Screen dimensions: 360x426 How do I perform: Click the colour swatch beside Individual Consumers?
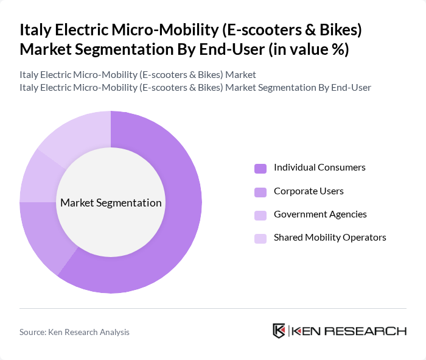click(260, 168)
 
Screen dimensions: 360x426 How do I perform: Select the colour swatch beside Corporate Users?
click(260, 192)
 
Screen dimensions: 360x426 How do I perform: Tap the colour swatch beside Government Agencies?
click(260, 215)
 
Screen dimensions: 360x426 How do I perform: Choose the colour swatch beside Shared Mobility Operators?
click(260, 238)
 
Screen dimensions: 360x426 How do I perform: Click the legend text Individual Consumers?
click(319, 168)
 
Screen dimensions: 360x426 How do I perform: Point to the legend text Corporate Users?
click(309, 191)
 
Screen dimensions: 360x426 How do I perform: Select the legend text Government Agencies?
click(320, 214)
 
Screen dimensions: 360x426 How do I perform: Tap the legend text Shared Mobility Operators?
click(330, 238)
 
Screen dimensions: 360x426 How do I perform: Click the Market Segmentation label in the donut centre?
click(111, 203)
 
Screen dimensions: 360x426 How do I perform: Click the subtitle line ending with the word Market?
click(138, 75)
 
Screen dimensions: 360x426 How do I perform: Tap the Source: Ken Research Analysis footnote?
click(74, 332)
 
